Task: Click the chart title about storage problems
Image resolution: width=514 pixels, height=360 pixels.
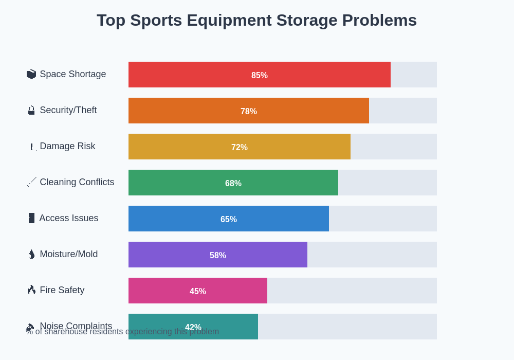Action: coord(256,21)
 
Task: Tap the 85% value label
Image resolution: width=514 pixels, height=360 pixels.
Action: coord(260,75)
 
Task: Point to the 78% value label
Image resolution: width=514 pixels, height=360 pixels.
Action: coord(249,111)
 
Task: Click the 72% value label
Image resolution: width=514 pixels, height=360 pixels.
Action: coord(240,147)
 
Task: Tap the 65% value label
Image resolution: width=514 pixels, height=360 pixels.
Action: coord(229,219)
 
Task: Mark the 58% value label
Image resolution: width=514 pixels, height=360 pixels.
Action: coord(218,255)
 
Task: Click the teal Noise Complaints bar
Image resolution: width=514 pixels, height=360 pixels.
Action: coord(231,327)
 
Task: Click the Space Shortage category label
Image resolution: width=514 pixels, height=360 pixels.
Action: coord(72,74)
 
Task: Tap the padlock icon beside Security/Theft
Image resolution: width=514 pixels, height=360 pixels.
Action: coord(31,110)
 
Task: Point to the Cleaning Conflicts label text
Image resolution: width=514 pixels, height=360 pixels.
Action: coord(77,182)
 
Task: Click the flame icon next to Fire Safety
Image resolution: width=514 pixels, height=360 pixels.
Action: coord(31,290)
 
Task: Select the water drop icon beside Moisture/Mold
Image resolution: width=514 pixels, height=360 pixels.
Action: coord(31,254)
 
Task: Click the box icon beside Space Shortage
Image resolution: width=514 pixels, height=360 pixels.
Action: coord(31,74)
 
